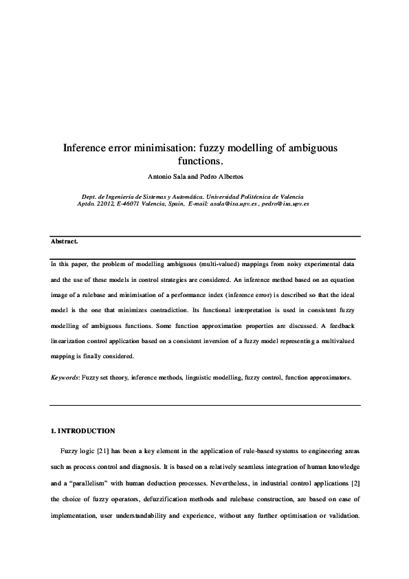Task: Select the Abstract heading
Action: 65,242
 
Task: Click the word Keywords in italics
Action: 65,378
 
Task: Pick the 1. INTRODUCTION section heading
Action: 82,431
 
